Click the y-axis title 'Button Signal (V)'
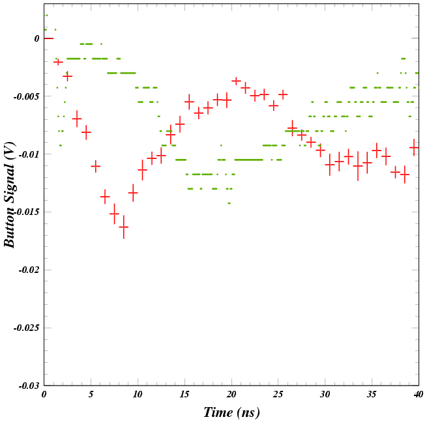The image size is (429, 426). (x=10, y=195)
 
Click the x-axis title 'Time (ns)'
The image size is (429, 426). (x=231, y=412)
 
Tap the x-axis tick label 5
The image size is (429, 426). (x=91, y=395)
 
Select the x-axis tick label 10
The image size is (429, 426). (x=138, y=395)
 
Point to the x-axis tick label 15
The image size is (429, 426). (x=185, y=395)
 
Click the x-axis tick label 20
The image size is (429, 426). (x=231, y=395)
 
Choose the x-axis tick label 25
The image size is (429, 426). (x=278, y=395)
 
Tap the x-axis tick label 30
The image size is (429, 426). (x=325, y=395)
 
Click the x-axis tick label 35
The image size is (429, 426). (x=372, y=395)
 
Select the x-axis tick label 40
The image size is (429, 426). (x=417, y=395)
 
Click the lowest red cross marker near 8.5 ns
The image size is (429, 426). (x=123, y=227)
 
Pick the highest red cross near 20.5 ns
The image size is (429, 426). (x=236, y=81)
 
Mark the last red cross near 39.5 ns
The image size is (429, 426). (x=413, y=148)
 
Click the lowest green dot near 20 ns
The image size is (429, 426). (x=229, y=203)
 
